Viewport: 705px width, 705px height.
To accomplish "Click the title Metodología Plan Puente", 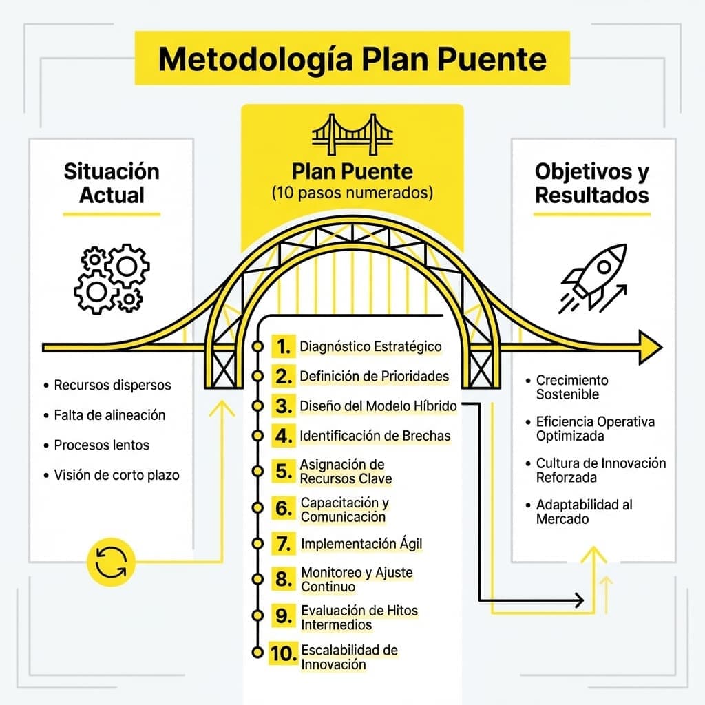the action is tap(352, 60).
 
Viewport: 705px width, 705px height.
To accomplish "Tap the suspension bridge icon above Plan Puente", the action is tap(352, 134).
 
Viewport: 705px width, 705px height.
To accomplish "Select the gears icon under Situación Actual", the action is tap(112, 279).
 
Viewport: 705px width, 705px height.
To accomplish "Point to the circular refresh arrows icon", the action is tap(111, 562).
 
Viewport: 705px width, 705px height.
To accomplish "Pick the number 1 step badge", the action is tap(284, 346).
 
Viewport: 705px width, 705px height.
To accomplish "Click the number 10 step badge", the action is tap(284, 653).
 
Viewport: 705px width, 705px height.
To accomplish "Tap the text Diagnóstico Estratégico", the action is tap(370, 347).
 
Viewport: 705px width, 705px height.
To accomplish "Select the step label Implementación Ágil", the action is tap(361, 544).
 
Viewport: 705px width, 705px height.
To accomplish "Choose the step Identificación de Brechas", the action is tap(375, 436).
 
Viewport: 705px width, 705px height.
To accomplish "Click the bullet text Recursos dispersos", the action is tap(112, 386).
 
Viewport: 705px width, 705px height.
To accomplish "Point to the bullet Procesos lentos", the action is tap(102, 445).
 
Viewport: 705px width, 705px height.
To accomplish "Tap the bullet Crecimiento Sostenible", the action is tap(572, 387).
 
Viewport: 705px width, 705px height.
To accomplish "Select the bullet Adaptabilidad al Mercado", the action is tap(584, 512).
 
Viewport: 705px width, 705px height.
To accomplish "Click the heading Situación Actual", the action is tap(112, 183).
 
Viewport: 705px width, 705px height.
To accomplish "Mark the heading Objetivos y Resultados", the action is tap(592, 183).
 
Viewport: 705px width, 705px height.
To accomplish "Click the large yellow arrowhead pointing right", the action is tap(651, 347).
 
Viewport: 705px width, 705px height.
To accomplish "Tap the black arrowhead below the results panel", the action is tap(580, 600).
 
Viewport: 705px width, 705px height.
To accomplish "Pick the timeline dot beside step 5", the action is tap(257, 471).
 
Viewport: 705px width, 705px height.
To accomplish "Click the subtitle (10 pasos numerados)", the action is tap(352, 193).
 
